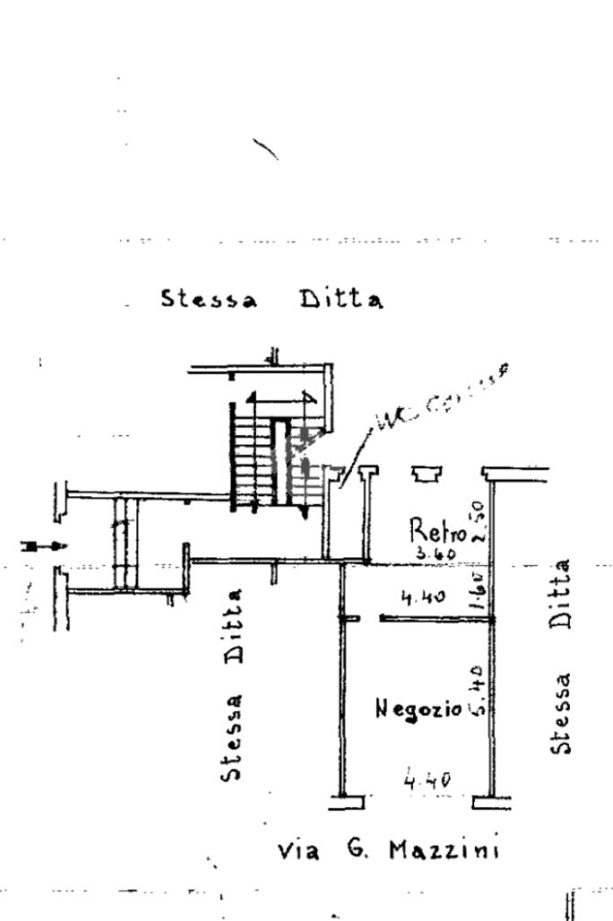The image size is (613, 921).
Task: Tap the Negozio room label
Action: click(418, 709)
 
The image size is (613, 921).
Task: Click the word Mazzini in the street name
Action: click(444, 849)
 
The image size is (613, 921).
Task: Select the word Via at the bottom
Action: click(298, 850)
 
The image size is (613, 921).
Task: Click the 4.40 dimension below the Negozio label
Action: click(427, 779)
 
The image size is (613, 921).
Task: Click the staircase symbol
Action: click(274, 458)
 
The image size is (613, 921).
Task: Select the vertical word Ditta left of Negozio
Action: click(232, 625)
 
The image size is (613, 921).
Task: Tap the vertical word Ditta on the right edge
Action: click(562, 595)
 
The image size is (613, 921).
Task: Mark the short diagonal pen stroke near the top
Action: click(266, 148)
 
